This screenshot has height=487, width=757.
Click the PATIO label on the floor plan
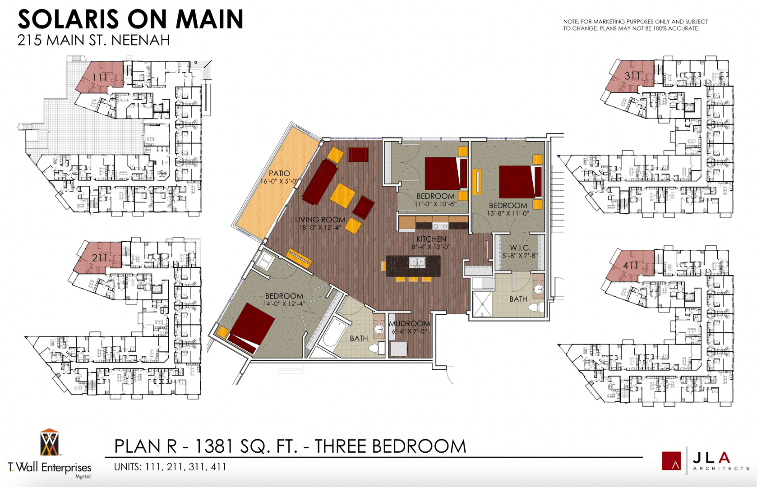279,174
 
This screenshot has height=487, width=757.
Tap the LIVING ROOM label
320,220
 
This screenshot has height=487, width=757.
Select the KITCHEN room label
431,239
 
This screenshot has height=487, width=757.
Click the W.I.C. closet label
520,248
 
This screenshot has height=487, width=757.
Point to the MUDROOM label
409,324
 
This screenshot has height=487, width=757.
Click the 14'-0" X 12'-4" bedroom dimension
284,304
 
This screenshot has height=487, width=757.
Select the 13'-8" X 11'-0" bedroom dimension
508,213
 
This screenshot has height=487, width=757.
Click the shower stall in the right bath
481,304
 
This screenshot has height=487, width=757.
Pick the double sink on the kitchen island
417,262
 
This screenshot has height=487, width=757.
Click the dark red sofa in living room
319,181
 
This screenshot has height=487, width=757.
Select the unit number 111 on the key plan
100,78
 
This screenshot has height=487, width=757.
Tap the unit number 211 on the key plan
100,258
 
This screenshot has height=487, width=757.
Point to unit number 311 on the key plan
632,76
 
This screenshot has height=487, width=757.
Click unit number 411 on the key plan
631,266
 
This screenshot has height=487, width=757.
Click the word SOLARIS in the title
68,20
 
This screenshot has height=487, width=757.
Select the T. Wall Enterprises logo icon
49,443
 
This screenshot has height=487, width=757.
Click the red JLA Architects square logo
671,461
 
